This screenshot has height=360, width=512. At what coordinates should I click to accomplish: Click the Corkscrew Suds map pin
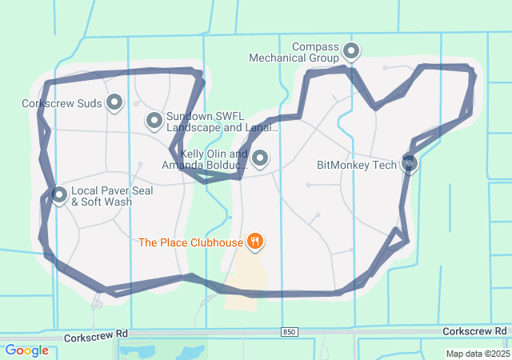tap(114, 102)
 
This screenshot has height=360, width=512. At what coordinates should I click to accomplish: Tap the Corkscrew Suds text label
tap(62, 103)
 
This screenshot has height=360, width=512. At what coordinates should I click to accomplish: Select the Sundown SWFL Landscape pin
tap(154, 121)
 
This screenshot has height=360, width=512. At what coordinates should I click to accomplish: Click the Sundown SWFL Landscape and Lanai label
tap(222, 122)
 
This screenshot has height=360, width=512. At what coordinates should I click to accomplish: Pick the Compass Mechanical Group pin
tap(350, 52)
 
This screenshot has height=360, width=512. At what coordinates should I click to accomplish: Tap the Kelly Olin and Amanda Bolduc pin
tap(259, 158)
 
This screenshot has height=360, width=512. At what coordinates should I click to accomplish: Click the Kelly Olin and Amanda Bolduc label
tap(203, 159)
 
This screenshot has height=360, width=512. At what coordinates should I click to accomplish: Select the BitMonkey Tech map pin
tap(410, 163)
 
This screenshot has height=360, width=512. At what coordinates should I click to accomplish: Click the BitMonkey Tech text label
tap(357, 166)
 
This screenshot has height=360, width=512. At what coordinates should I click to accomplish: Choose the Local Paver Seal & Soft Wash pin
tap(59, 194)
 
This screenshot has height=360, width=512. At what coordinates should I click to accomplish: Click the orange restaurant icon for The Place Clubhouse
tap(255, 241)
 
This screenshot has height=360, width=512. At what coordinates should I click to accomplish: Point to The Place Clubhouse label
tap(190, 242)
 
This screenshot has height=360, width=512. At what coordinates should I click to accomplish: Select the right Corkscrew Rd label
tap(474, 330)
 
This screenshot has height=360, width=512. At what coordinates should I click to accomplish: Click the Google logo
tap(26, 350)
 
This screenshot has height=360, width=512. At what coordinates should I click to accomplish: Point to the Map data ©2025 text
tap(477, 354)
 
